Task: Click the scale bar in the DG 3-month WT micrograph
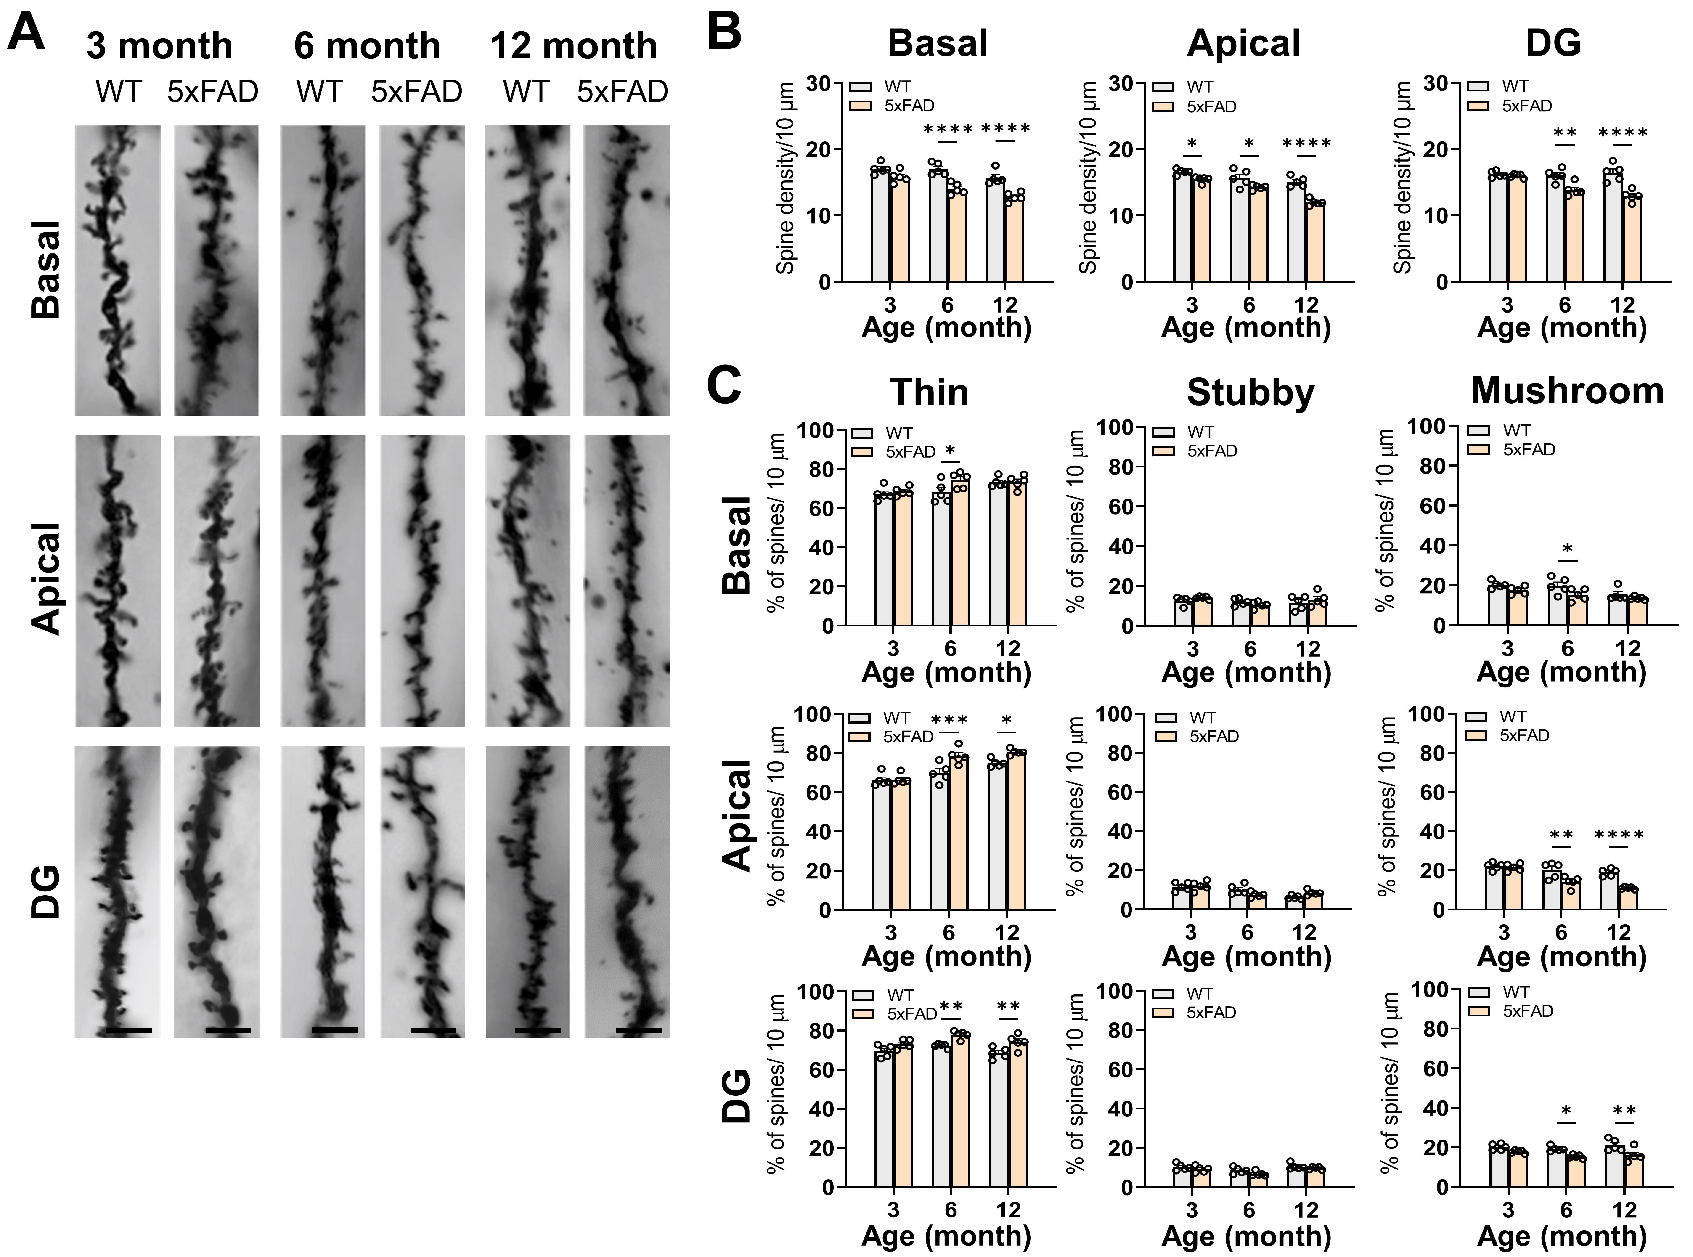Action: [129, 1030]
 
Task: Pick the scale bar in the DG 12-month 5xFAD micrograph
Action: [639, 1030]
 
